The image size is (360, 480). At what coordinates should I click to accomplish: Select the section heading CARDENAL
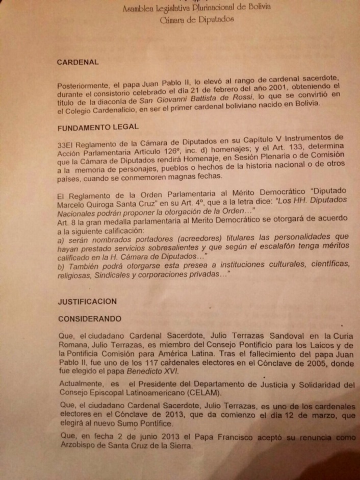(x=78, y=62)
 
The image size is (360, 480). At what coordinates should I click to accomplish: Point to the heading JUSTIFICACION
(x=87, y=301)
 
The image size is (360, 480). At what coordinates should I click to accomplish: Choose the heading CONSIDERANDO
(x=90, y=319)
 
